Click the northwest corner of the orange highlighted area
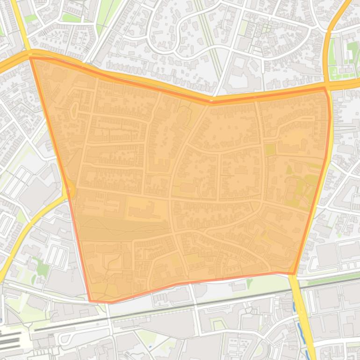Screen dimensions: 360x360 [31, 58]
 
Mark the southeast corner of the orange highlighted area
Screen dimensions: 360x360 [294, 274]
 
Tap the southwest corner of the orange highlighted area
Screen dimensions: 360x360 [90, 301]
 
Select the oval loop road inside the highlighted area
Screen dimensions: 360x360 [73, 110]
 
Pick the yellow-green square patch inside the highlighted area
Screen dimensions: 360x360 [270, 150]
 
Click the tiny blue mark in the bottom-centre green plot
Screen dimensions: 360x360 [150, 346]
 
